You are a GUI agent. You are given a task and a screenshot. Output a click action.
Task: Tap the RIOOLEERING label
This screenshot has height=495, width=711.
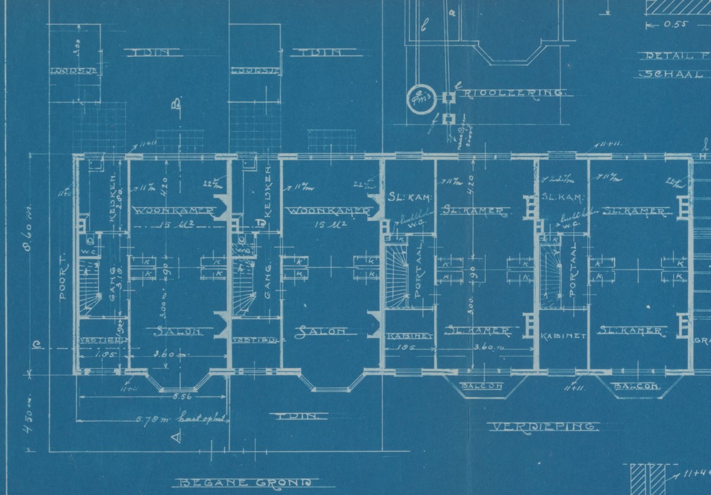[x=514, y=93]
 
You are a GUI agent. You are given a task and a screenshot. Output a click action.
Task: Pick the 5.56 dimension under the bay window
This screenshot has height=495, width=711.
[x=175, y=398]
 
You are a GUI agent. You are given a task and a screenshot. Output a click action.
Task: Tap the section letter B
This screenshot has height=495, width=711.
[x=176, y=105]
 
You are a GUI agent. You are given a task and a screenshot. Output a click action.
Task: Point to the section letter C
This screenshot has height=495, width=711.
[x=36, y=348]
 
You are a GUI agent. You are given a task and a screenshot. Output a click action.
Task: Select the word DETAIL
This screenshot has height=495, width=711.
[x=668, y=56]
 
